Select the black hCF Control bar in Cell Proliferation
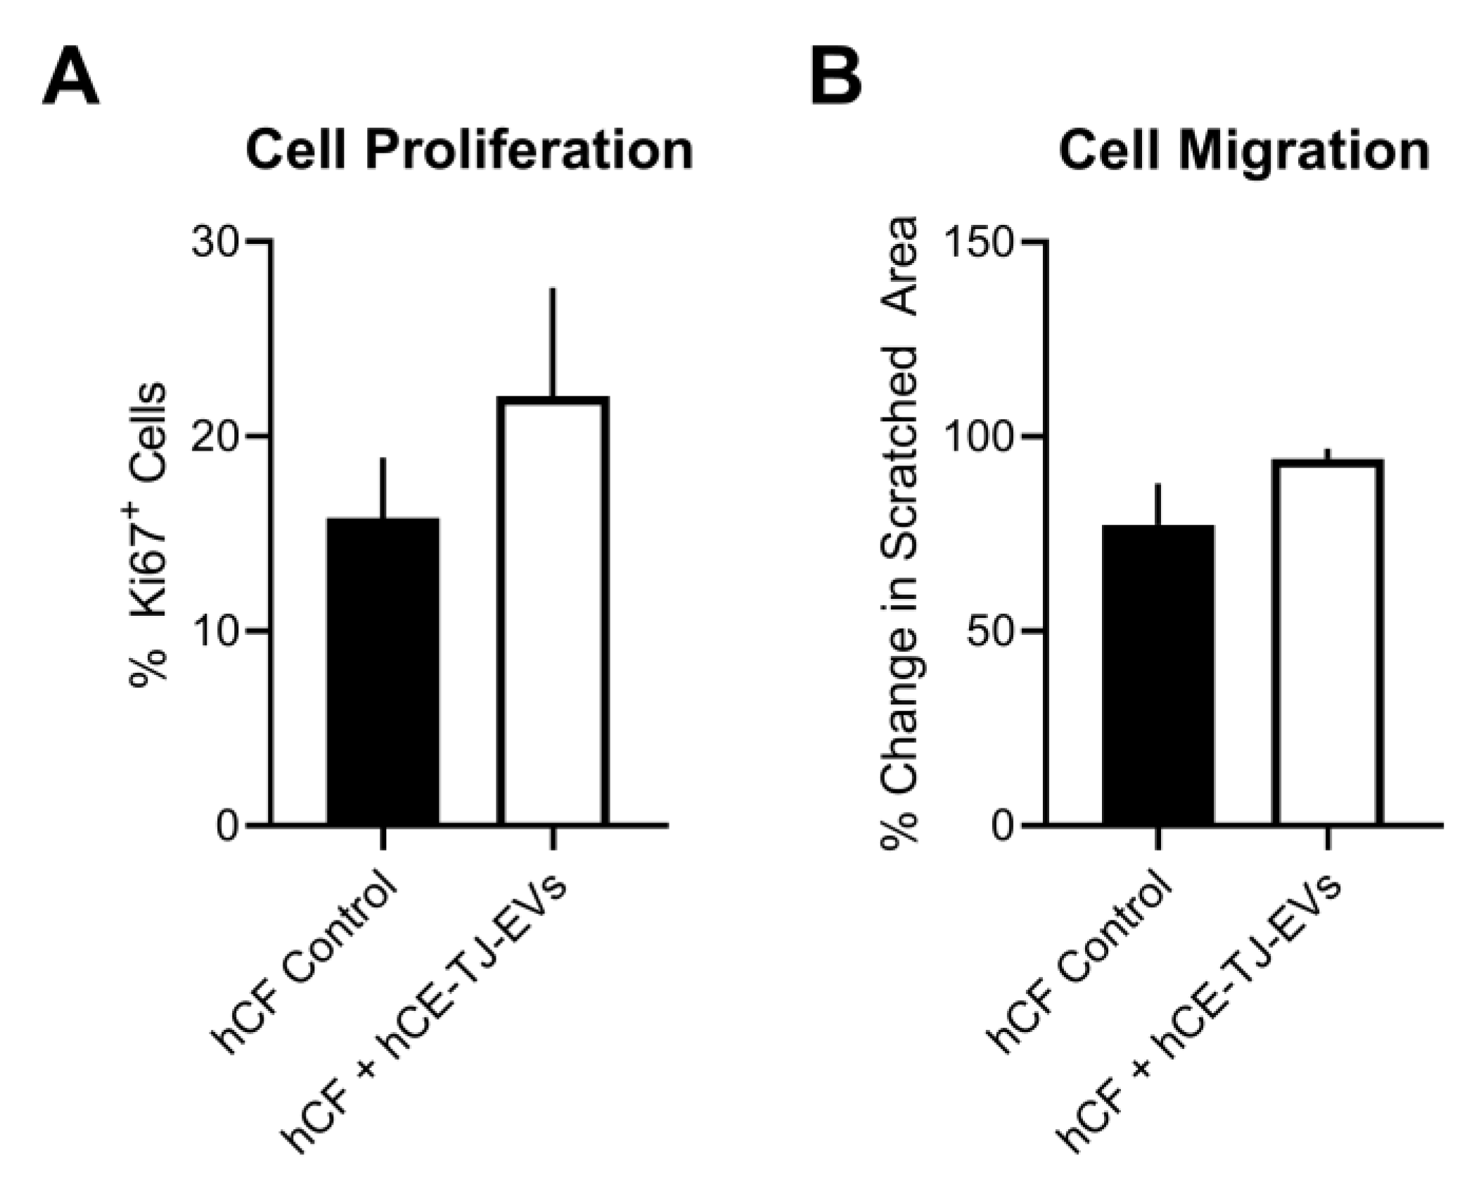(383, 671)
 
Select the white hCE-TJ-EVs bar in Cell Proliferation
(553, 612)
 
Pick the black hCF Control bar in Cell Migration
(1158, 675)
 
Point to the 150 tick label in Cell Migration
(978, 243)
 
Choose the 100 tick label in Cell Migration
(978, 437)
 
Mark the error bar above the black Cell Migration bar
(1158, 504)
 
